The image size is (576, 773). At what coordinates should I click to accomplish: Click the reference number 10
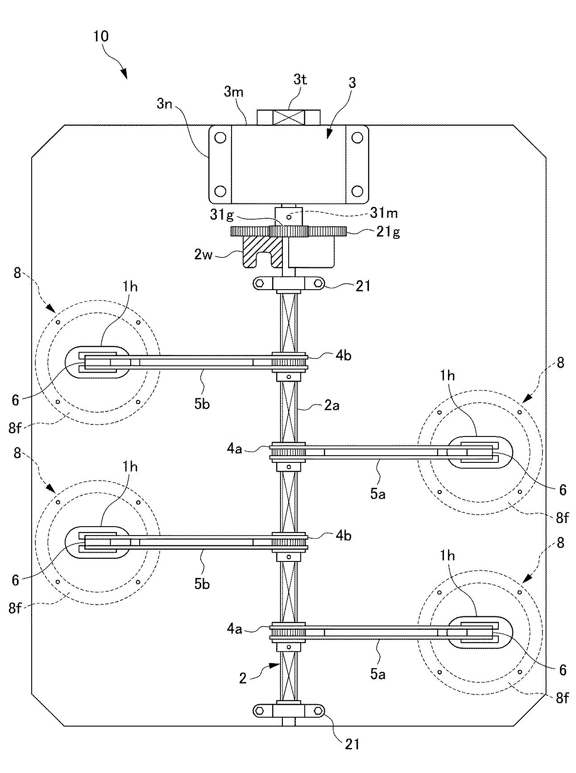click(x=101, y=36)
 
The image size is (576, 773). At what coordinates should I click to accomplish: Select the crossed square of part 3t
click(x=289, y=118)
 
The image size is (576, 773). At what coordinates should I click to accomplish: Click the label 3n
click(x=166, y=105)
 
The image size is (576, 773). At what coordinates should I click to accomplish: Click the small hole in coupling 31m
click(x=289, y=217)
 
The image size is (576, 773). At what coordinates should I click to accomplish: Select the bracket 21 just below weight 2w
click(x=289, y=283)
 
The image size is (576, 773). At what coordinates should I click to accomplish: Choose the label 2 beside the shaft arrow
click(x=243, y=678)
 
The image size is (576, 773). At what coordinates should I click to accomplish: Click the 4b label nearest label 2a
click(x=343, y=356)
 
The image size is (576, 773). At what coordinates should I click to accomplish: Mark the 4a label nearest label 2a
click(x=235, y=449)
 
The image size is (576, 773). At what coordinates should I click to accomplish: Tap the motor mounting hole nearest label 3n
click(x=220, y=138)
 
